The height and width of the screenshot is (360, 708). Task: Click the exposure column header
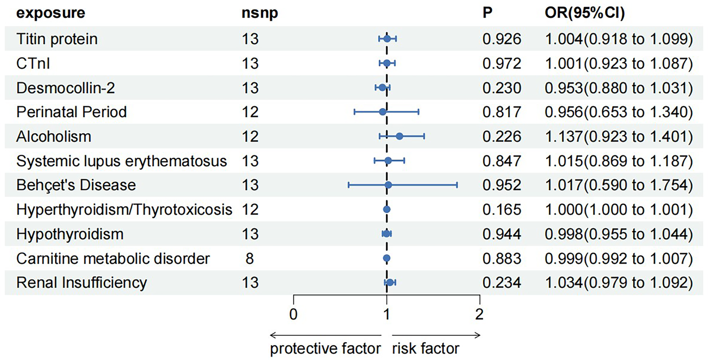pos(50,13)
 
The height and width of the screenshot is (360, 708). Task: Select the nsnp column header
pos(259,13)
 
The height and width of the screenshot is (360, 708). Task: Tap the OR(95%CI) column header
pos(584,13)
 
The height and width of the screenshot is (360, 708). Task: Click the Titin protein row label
pos(57,39)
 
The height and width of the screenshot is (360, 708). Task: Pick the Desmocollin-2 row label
pos(65,88)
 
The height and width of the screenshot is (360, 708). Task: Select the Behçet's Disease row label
pos(76,185)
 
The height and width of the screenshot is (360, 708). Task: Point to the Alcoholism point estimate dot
pos(399,136)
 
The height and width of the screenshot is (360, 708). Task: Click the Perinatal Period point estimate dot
pos(382,112)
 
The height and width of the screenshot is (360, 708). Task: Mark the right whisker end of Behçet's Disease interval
pos(457,185)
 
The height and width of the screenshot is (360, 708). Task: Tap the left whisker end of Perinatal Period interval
pos(354,112)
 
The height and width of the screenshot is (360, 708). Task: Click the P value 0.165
pos(502,210)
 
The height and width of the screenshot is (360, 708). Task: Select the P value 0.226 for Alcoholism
pos(502,136)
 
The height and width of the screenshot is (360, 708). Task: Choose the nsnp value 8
pos(250,259)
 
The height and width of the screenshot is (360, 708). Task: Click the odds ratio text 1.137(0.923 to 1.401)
pos(618,136)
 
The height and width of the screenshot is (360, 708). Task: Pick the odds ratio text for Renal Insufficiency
pos(618,282)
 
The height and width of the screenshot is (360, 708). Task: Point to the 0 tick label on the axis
pos(293,314)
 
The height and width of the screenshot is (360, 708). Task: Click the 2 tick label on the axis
pos(479,314)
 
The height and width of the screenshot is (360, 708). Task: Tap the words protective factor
pos(325,349)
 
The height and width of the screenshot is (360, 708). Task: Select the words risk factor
pos(425,349)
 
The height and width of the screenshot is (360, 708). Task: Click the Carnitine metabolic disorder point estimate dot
pos(386,259)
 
